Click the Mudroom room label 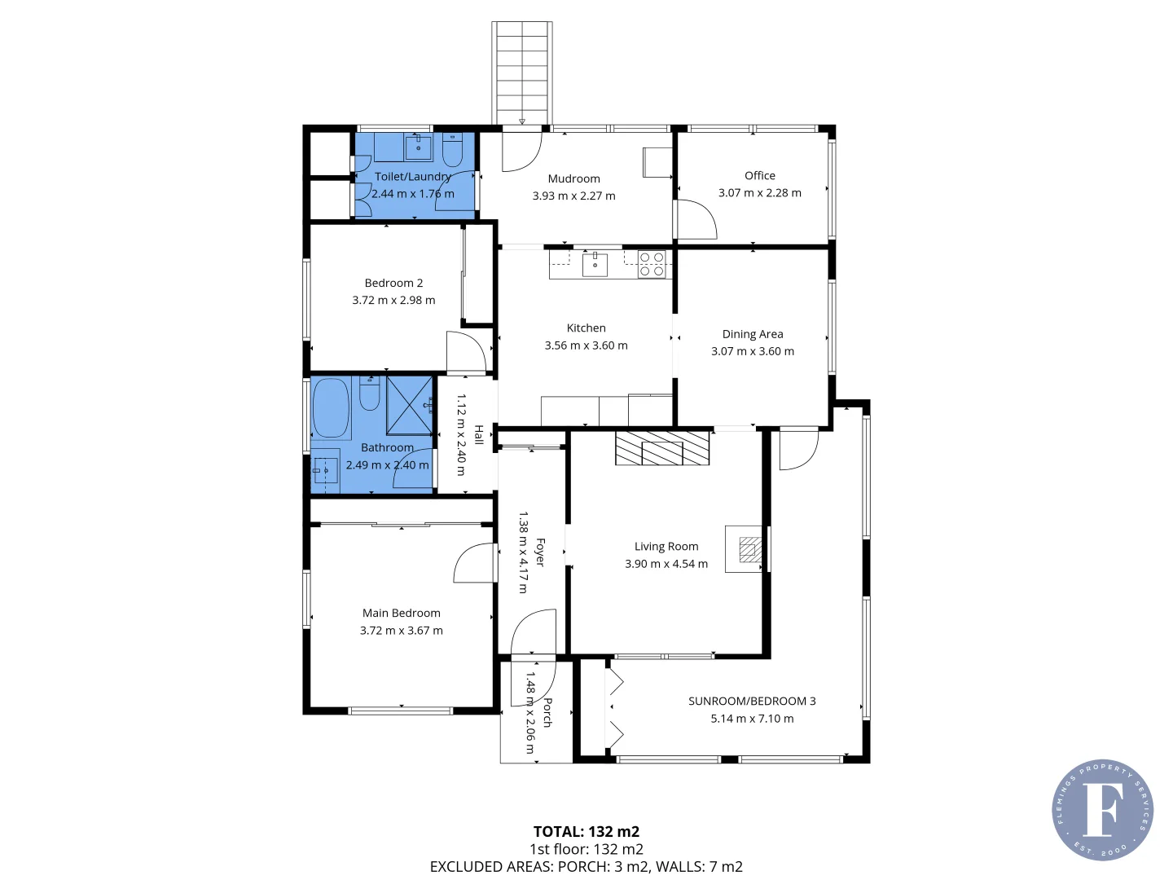pyautogui.click(x=573, y=179)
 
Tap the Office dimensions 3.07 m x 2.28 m pyautogui.click(x=759, y=193)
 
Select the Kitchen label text pyautogui.click(x=586, y=328)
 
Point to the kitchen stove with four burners pyautogui.click(x=652, y=265)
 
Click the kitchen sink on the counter pyautogui.click(x=595, y=265)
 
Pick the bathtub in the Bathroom pyautogui.click(x=331, y=408)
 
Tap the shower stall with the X pyautogui.click(x=410, y=406)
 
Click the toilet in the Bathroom pyautogui.click(x=369, y=393)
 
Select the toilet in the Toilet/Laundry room pyautogui.click(x=453, y=150)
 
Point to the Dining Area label pyautogui.click(x=753, y=334)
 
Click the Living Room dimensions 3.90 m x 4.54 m pyautogui.click(x=666, y=564)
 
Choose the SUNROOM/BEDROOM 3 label pyautogui.click(x=752, y=701)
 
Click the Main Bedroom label pyautogui.click(x=402, y=613)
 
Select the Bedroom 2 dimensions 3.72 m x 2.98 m pyautogui.click(x=393, y=301)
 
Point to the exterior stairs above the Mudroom pyautogui.click(x=521, y=73)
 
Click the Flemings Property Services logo pyautogui.click(x=1102, y=810)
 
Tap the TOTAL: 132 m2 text pyautogui.click(x=586, y=831)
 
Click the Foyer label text pyautogui.click(x=540, y=552)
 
